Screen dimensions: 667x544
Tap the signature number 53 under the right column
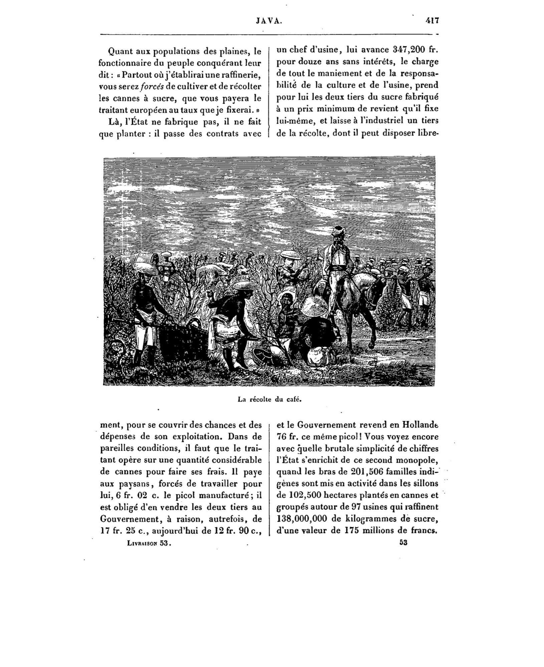tap(403, 543)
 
